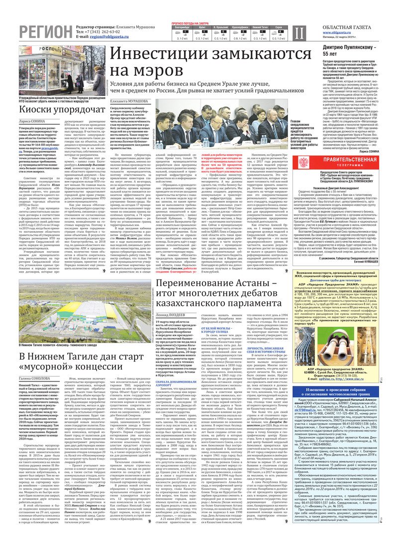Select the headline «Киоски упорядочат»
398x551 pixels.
(53, 108)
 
